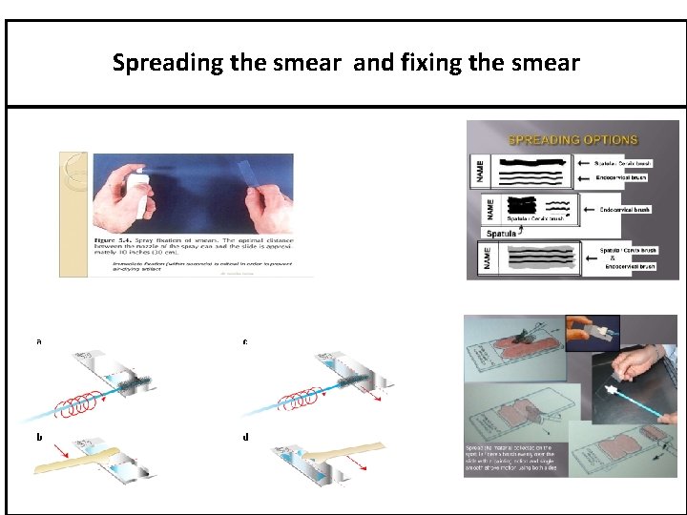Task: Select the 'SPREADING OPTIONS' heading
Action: (x=570, y=139)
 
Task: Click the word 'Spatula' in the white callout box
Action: (x=503, y=232)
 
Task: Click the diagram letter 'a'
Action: (x=39, y=340)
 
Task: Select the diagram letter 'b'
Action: (x=39, y=436)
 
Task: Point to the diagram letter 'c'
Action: (x=246, y=341)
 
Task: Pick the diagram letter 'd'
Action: (x=246, y=437)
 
